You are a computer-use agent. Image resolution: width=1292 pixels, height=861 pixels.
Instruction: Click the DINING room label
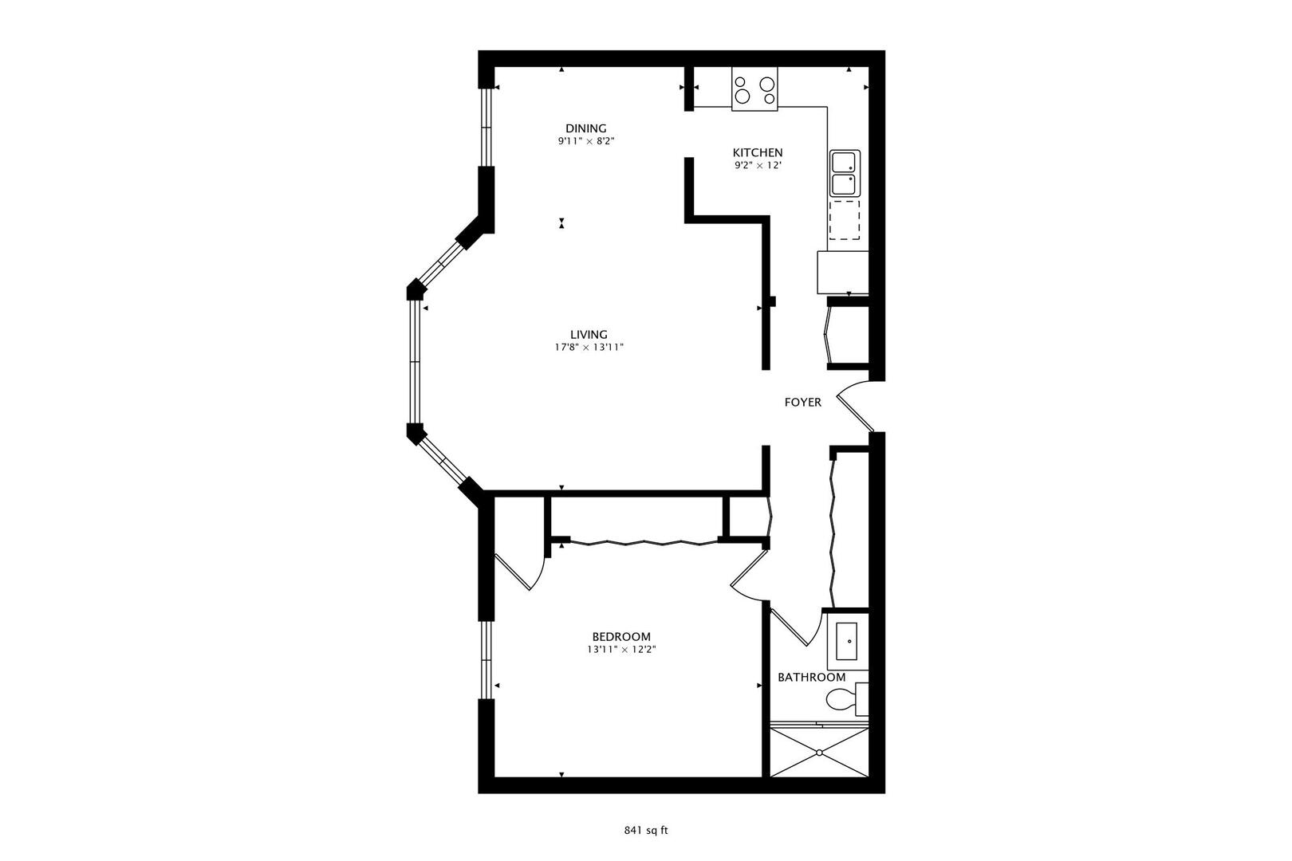(x=585, y=128)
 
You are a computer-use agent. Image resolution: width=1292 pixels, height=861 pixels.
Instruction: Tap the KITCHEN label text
(x=758, y=153)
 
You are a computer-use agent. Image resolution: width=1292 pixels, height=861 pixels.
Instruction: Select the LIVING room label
(x=589, y=335)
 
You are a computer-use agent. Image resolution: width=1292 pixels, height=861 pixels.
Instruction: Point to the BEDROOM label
(x=621, y=637)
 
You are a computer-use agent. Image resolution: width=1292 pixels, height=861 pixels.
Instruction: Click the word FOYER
(x=802, y=403)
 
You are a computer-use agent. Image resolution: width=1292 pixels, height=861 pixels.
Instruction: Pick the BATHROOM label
(x=812, y=678)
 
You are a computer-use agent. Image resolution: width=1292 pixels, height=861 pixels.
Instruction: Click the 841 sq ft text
(x=645, y=831)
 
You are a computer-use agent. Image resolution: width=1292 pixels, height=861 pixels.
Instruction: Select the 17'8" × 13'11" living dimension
(x=589, y=347)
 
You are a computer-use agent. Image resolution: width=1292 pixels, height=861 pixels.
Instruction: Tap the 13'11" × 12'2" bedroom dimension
(x=622, y=650)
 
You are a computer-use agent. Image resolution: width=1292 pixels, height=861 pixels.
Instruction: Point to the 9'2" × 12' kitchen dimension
(x=758, y=166)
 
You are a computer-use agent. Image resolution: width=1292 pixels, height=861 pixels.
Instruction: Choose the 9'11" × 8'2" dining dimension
(x=586, y=141)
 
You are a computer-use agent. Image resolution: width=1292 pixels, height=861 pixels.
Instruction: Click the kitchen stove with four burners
(x=754, y=88)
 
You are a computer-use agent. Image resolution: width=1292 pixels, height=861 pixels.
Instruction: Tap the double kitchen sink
(x=845, y=173)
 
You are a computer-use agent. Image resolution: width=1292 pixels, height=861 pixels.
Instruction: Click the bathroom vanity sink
(x=847, y=642)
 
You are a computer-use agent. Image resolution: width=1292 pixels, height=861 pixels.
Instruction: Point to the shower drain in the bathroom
(x=819, y=753)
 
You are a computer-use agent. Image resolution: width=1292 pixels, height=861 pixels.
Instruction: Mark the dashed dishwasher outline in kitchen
(x=845, y=220)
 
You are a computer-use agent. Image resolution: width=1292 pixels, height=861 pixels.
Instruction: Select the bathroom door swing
(x=797, y=627)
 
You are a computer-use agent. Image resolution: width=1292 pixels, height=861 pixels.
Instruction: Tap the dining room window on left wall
(x=486, y=127)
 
